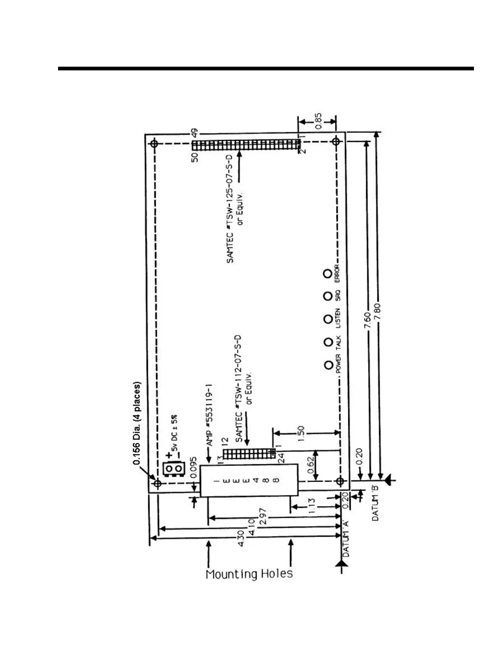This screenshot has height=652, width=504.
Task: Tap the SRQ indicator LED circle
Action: [x=328, y=296]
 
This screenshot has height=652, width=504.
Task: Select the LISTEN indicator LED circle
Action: [x=328, y=319]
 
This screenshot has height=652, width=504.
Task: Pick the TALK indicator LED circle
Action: [x=328, y=342]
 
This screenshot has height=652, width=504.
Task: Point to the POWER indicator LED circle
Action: [x=328, y=365]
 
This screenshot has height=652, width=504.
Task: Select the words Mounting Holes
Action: [x=249, y=574]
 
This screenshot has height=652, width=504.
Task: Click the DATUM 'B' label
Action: [x=376, y=503]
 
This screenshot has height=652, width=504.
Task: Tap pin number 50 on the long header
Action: [x=195, y=157]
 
